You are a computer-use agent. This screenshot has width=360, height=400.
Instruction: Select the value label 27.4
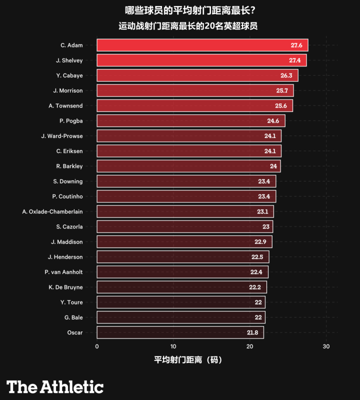pyautogui.click(x=294, y=60)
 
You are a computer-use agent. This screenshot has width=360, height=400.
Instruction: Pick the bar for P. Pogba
pyautogui.click(x=190, y=121)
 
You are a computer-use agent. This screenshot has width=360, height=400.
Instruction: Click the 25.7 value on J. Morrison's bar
pyautogui.click(x=281, y=90)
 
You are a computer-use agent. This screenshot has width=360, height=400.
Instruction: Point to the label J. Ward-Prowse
pyautogui.click(x=62, y=136)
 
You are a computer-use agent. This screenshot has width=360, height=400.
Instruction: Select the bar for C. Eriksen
pyautogui.click(x=188, y=151)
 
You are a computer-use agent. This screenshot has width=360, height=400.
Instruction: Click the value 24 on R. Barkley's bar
pyautogui.click(x=273, y=166)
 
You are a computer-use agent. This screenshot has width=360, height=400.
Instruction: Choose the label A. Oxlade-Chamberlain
pyautogui.click(x=52, y=211)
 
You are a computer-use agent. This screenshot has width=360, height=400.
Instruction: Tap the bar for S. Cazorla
pyautogui.click(x=184, y=226)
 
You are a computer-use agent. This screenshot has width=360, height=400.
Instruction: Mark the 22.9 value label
pyautogui.click(x=260, y=242)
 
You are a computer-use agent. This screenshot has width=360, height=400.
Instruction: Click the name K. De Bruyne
pyautogui.click(x=65, y=287)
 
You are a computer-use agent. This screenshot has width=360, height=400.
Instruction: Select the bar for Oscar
pyautogui.click(x=179, y=332)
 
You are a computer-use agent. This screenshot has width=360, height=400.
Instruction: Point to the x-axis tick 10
pyautogui.click(x=173, y=347)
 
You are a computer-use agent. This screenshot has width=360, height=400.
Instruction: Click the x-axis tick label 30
pyautogui.click(x=326, y=347)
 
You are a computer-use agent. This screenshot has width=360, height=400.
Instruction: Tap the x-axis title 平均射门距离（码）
pyautogui.click(x=187, y=360)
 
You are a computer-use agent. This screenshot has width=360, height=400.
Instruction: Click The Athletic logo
pyautogui.click(x=54, y=386)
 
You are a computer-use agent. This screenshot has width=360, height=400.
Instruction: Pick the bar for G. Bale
pyautogui.click(x=180, y=317)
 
